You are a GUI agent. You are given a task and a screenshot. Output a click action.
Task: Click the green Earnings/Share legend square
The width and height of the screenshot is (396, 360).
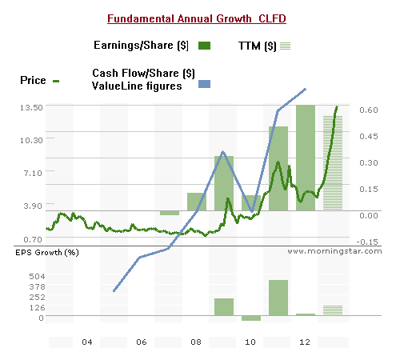pos(205,46)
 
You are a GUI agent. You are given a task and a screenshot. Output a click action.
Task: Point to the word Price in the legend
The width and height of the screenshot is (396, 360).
pos(33,80)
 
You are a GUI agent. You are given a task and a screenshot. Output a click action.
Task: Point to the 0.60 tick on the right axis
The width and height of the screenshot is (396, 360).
pos(368,110)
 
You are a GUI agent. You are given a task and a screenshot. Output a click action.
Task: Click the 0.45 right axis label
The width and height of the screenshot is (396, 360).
pos(368,137)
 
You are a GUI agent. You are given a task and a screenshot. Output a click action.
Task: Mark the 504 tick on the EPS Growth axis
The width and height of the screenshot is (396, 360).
pos(37,275)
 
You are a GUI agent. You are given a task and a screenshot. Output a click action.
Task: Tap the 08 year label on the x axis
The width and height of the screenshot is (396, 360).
pos(196,342)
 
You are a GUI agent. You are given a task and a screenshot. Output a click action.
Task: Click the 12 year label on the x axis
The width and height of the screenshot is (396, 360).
pos(304,342)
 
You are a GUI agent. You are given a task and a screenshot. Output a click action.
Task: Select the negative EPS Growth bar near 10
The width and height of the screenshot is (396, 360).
pos(250,319)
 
